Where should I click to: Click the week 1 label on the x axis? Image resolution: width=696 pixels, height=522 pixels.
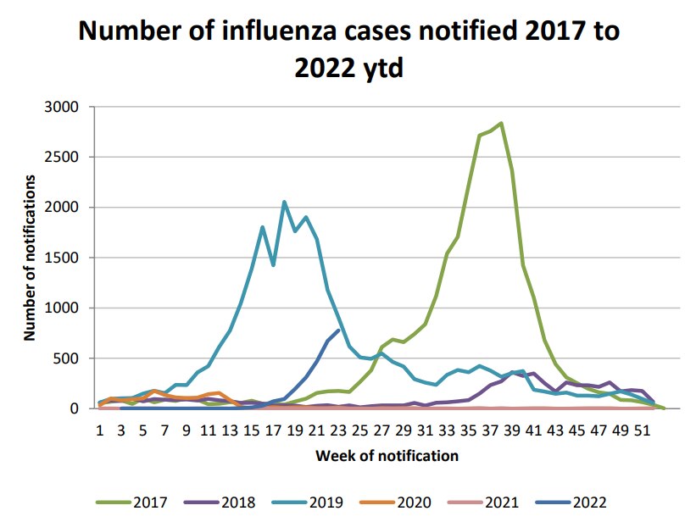100,430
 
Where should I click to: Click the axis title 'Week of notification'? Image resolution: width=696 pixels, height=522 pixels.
387,456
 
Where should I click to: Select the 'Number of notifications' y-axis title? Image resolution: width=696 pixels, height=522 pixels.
31,258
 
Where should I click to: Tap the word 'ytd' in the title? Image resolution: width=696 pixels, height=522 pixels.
380,67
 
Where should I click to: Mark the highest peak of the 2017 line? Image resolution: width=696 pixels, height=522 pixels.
501,123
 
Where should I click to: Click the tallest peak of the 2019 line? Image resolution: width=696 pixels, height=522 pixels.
284,202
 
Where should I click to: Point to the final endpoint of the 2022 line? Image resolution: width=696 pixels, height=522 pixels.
338,330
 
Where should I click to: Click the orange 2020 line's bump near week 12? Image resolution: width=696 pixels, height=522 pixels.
219,393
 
